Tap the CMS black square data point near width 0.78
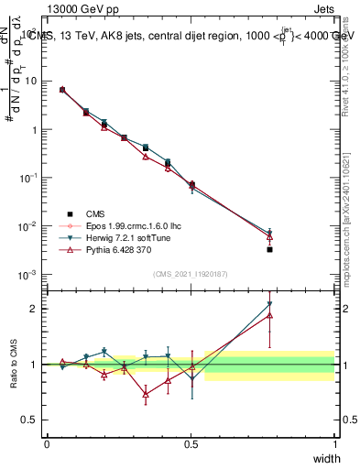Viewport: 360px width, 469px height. [269, 249]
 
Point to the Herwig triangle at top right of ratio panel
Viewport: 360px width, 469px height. [269, 304]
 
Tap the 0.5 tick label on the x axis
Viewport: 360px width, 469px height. [191, 443]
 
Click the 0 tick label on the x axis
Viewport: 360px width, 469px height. [47, 443]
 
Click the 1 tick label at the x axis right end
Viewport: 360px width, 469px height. [335, 443]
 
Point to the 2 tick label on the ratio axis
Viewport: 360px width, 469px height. [36, 309]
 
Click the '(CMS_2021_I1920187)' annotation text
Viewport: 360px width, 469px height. [191, 273]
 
